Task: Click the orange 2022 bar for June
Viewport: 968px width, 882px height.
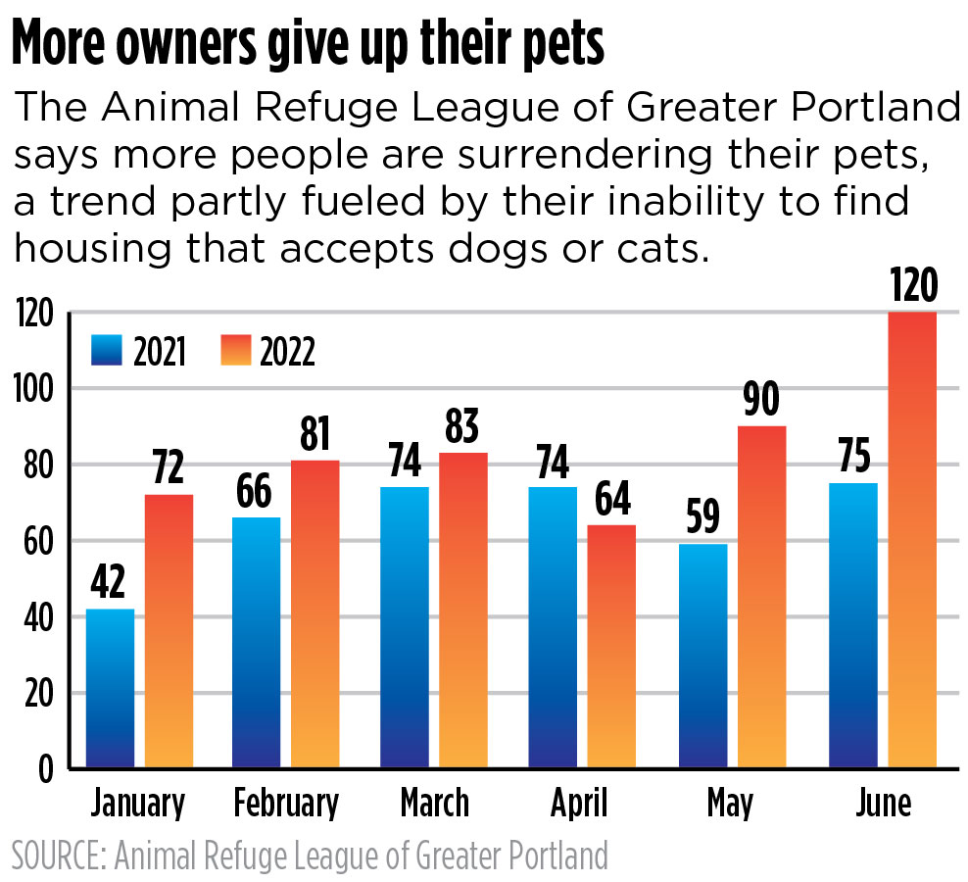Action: coord(912,539)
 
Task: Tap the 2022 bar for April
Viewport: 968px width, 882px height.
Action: coord(611,647)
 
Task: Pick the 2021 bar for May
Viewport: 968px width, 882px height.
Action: coord(702,657)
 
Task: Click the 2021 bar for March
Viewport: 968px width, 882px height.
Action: coord(405,627)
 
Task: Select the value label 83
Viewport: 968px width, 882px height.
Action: coord(463,426)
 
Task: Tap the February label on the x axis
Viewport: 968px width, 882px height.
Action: coord(286,804)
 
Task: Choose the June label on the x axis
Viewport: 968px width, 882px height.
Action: coord(883,804)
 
